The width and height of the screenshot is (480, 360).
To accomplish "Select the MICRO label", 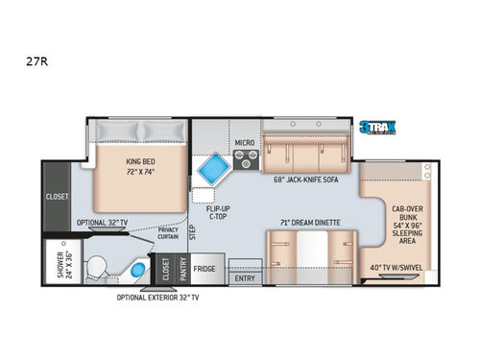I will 244,144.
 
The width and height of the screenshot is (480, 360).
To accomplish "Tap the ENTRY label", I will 246,277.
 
